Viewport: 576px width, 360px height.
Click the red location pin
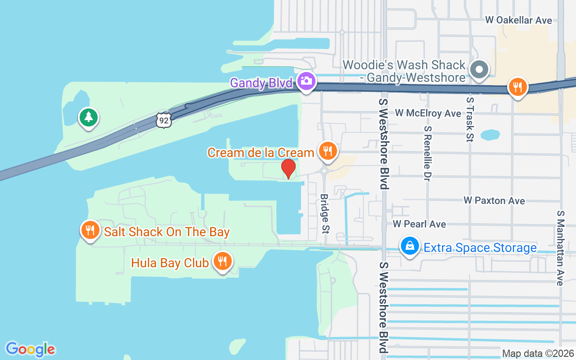tap(288, 168)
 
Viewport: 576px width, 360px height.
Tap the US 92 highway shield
tap(164, 119)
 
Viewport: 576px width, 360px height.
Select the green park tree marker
tap(89, 118)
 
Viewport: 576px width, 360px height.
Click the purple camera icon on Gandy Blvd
tap(306, 81)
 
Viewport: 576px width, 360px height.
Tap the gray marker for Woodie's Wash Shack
tap(479, 70)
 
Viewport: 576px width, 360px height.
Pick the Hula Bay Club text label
tap(170, 262)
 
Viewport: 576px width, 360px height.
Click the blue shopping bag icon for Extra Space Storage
tap(410, 247)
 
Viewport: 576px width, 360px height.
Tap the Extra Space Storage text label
tap(480, 248)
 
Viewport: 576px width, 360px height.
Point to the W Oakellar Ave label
tap(518, 20)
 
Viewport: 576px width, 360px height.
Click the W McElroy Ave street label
tap(428, 113)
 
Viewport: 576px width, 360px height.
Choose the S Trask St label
tap(470, 119)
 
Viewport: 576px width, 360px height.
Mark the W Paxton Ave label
tap(494, 201)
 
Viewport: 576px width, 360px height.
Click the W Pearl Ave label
tap(419, 224)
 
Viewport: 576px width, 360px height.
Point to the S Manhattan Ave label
tap(560, 247)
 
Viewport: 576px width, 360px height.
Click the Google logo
tap(30, 349)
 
